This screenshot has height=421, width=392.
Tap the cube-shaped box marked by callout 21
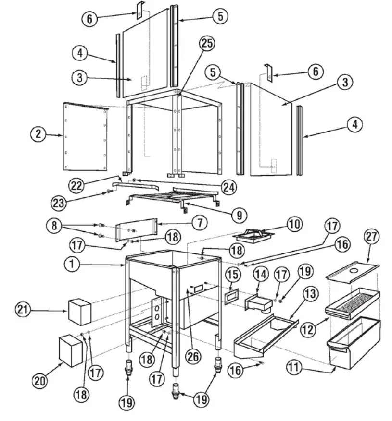click(x=79, y=311)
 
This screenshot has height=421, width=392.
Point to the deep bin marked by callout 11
click(x=354, y=343)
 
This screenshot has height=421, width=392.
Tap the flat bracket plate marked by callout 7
click(x=136, y=231)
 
